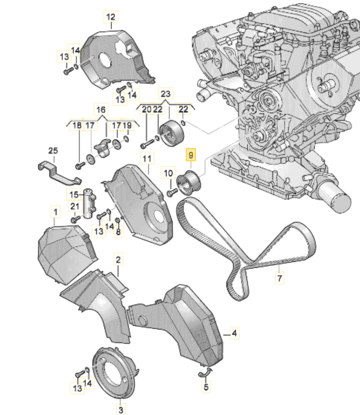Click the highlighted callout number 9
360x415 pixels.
click(x=191, y=155)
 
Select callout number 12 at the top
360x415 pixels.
click(x=110, y=16)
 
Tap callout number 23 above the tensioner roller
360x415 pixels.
click(x=165, y=94)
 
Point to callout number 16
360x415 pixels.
click(x=101, y=110)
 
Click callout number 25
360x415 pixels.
click(x=53, y=150)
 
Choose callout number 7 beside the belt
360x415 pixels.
click(x=279, y=277)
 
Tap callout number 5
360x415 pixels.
click(x=206, y=386)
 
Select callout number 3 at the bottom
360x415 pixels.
click(x=120, y=410)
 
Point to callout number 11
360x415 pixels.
click(x=146, y=159)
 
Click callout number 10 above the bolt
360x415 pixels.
click(x=168, y=173)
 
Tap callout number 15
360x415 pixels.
click(x=74, y=194)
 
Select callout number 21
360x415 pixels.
click(x=74, y=207)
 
